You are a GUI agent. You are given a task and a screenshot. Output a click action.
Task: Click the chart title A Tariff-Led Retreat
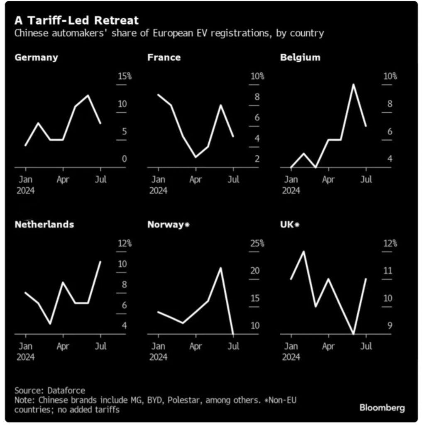tap(77, 20)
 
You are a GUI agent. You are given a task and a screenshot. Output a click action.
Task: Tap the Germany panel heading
tap(36, 57)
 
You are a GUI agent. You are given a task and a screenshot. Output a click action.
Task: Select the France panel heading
tap(164, 57)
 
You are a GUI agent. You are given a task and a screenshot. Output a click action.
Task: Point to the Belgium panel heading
tap(300, 57)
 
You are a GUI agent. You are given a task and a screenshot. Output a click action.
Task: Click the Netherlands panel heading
tap(44, 225)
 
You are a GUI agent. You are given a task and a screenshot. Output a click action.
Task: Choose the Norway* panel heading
tap(169, 225)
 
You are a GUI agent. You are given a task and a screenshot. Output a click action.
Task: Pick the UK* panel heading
tap(290, 225)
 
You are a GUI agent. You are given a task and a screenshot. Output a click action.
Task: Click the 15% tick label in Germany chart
tap(124, 76)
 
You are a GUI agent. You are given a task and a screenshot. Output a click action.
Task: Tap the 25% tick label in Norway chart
tap(257, 243)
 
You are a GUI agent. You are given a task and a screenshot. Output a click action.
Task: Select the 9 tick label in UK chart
tap(389, 326)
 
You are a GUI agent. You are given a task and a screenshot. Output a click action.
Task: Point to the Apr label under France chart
tap(195, 180)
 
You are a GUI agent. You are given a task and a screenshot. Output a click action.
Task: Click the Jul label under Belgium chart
tap(366, 180)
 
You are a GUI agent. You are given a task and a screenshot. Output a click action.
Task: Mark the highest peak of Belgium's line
tap(353, 84)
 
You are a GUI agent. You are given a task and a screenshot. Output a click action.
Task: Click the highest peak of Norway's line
tap(220, 268)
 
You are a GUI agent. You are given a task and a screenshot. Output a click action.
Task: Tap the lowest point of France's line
tap(195, 157)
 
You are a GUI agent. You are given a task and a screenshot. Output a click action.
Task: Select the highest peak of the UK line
tap(303, 251)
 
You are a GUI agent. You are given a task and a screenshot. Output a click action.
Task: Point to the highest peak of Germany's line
tap(88, 95)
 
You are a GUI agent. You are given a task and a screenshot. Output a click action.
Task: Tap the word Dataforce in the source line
tap(66, 391)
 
